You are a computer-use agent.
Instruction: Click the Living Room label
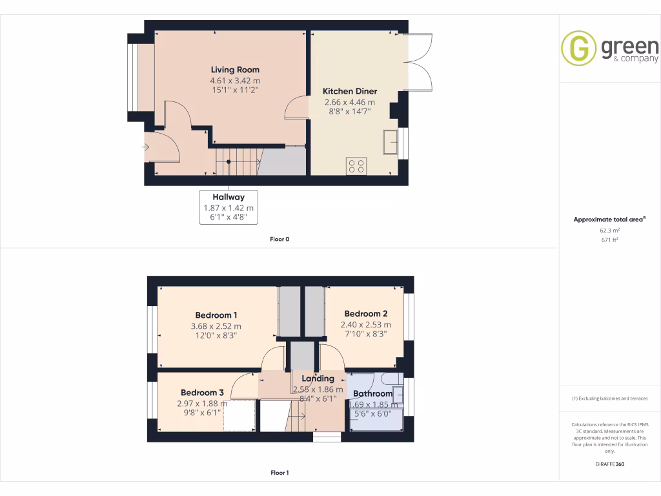[x=235, y=70]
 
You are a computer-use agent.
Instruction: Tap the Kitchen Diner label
[x=350, y=91]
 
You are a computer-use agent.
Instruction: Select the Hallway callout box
[x=229, y=207]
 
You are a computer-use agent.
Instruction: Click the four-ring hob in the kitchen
[x=356, y=165]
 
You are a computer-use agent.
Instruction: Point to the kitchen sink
[x=390, y=143]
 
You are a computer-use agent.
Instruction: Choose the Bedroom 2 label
[x=365, y=314]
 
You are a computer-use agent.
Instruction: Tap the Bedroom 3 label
[x=202, y=393]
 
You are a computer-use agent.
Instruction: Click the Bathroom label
[x=372, y=393]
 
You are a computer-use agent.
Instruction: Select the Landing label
[x=318, y=378]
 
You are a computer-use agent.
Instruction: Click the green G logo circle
[x=578, y=48]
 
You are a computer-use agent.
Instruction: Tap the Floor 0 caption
[x=280, y=240]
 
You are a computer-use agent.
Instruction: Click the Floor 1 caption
[x=280, y=473]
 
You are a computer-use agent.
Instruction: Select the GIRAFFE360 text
[x=609, y=464]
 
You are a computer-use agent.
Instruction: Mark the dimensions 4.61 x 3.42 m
[x=235, y=81]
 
